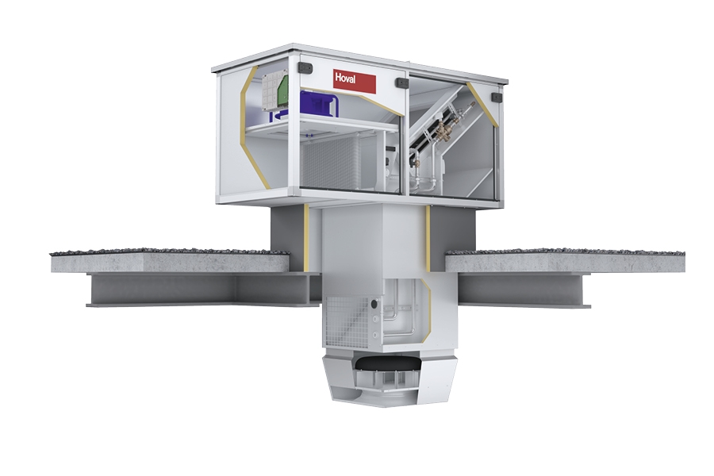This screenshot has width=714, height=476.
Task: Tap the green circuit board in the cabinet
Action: click(x=282, y=93)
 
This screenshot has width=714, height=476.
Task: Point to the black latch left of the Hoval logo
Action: click(x=305, y=68)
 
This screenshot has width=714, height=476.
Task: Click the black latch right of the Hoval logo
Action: click(x=402, y=83)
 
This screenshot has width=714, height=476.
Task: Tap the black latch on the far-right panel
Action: click(x=497, y=97)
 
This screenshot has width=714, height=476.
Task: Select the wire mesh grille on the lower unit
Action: click(x=347, y=321)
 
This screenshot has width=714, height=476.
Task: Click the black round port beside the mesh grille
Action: click(x=374, y=303)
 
